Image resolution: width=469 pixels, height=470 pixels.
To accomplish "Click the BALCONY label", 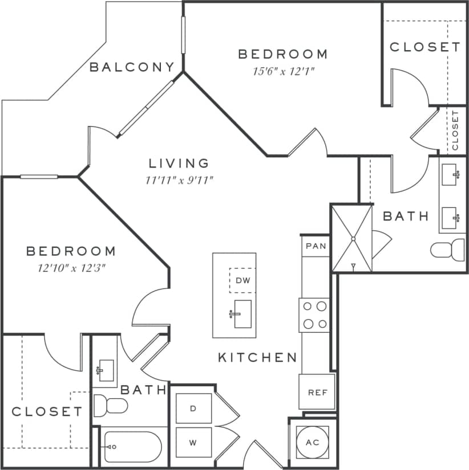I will pyautogui.click(x=132, y=67).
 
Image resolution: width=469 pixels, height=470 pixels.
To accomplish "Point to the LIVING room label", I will pyautogui.click(x=179, y=164).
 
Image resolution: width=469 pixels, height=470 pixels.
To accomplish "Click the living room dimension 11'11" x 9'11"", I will pyautogui.click(x=179, y=181).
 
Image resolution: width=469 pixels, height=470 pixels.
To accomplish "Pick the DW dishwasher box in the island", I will pyautogui.click(x=242, y=280).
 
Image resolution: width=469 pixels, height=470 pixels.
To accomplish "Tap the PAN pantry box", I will pyautogui.click(x=315, y=246).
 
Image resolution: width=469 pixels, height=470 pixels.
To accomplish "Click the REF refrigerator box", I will pyautogui.click(x=317, y=392).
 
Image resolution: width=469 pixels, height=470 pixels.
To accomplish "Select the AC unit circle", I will pyautogui.click(x=312, y=443).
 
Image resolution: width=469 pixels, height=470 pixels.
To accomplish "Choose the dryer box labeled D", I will pyautogui.click(x=193, y=408).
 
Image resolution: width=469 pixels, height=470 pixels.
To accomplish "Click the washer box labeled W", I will pyautogui.click(x=193, y=442).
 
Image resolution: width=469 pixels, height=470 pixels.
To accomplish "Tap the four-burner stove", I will pyautogui.click(x=314, y=315).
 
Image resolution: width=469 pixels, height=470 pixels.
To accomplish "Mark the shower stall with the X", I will pyautogui.click(x=352, y=239).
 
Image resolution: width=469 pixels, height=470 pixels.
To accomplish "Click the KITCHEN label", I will pyautogui.click(x=257, y=357).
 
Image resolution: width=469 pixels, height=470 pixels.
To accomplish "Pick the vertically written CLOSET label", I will pyautogui.click(x=455, y=130).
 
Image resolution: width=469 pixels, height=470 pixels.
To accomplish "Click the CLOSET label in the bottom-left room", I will pyautogui.click(x=47, y=411).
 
